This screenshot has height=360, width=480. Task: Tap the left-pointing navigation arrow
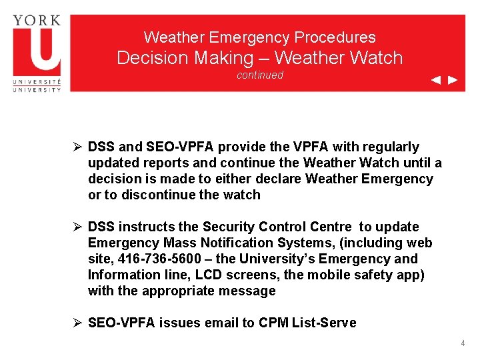coord(435,81)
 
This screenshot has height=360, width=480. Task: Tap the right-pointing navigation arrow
coord(453,81)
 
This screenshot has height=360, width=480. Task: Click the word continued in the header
coord(260,75)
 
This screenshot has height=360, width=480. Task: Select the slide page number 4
coord(463,343)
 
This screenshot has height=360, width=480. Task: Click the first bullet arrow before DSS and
coord(77,147)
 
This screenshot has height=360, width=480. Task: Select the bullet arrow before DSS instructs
coord(77,227)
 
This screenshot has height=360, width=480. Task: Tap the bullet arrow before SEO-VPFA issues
coord(77,323)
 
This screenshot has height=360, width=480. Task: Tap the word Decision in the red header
coord(152,58)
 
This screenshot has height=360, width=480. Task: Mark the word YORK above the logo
coord(37,21)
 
